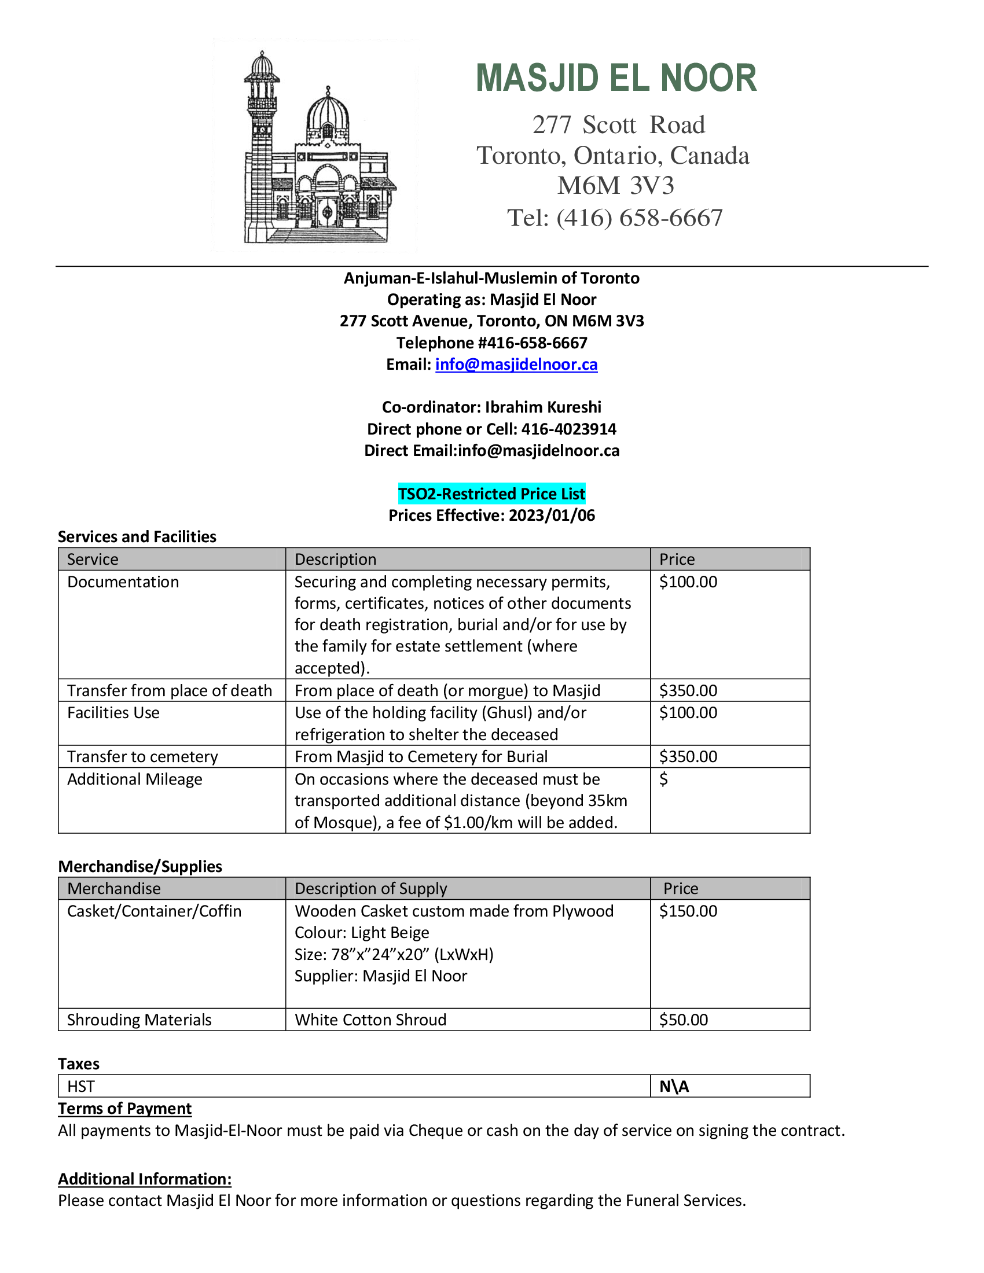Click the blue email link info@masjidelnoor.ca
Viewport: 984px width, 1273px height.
coord(516,365)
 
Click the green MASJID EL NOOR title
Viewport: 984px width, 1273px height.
coord(616,78)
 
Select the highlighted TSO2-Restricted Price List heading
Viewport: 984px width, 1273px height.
coord(491,494)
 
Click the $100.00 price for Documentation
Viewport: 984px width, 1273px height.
coord(688,582)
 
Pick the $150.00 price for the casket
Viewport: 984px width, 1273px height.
coord(688,911)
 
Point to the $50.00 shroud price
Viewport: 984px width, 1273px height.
coord(683,1020)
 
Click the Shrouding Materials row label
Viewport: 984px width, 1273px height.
coord(139,1020)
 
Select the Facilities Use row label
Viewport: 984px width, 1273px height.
coord(113,712)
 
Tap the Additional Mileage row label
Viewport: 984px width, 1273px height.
coord(135,779)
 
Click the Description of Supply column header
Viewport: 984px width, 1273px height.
coord(371,888)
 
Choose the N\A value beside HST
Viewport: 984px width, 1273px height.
coord(674,1087)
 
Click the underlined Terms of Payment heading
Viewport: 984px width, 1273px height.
coord(125,1108)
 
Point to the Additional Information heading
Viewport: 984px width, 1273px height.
coord(145,1179)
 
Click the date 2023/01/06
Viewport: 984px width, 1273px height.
coord(552,515)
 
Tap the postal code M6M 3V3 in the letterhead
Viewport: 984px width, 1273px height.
coord(616,186)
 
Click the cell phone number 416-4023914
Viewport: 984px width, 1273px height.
coord(568,429)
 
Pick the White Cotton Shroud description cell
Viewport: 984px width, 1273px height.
coord(371,1020)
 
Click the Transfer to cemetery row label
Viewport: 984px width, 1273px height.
coord(142,757)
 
